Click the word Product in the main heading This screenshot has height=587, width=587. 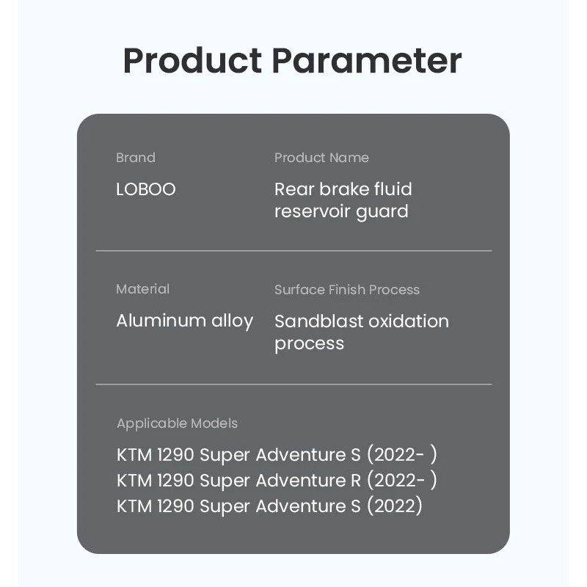[x=192, y=60]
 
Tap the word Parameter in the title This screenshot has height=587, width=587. [x=367, y=60]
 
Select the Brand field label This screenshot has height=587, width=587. [x=136, y=158]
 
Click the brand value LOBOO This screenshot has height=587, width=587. [x=145, y=189]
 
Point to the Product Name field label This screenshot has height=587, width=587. [x=321, y=158]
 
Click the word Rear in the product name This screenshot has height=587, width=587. [x=294, y=189]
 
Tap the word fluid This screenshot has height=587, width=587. [x=393, y=189]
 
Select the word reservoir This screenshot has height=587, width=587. [x=312, y=211]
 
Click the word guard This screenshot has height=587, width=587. [x=382, y=212]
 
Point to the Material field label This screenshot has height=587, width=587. [x=142, y=289]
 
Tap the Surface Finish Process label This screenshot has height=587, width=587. [x=347, y=290]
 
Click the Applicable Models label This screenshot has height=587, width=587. [x=177, y=424]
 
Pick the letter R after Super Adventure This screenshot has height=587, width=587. [x=356, y=481]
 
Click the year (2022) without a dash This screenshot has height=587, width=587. [x=395, y=506]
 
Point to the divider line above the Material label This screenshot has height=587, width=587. [x=294, y=251]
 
